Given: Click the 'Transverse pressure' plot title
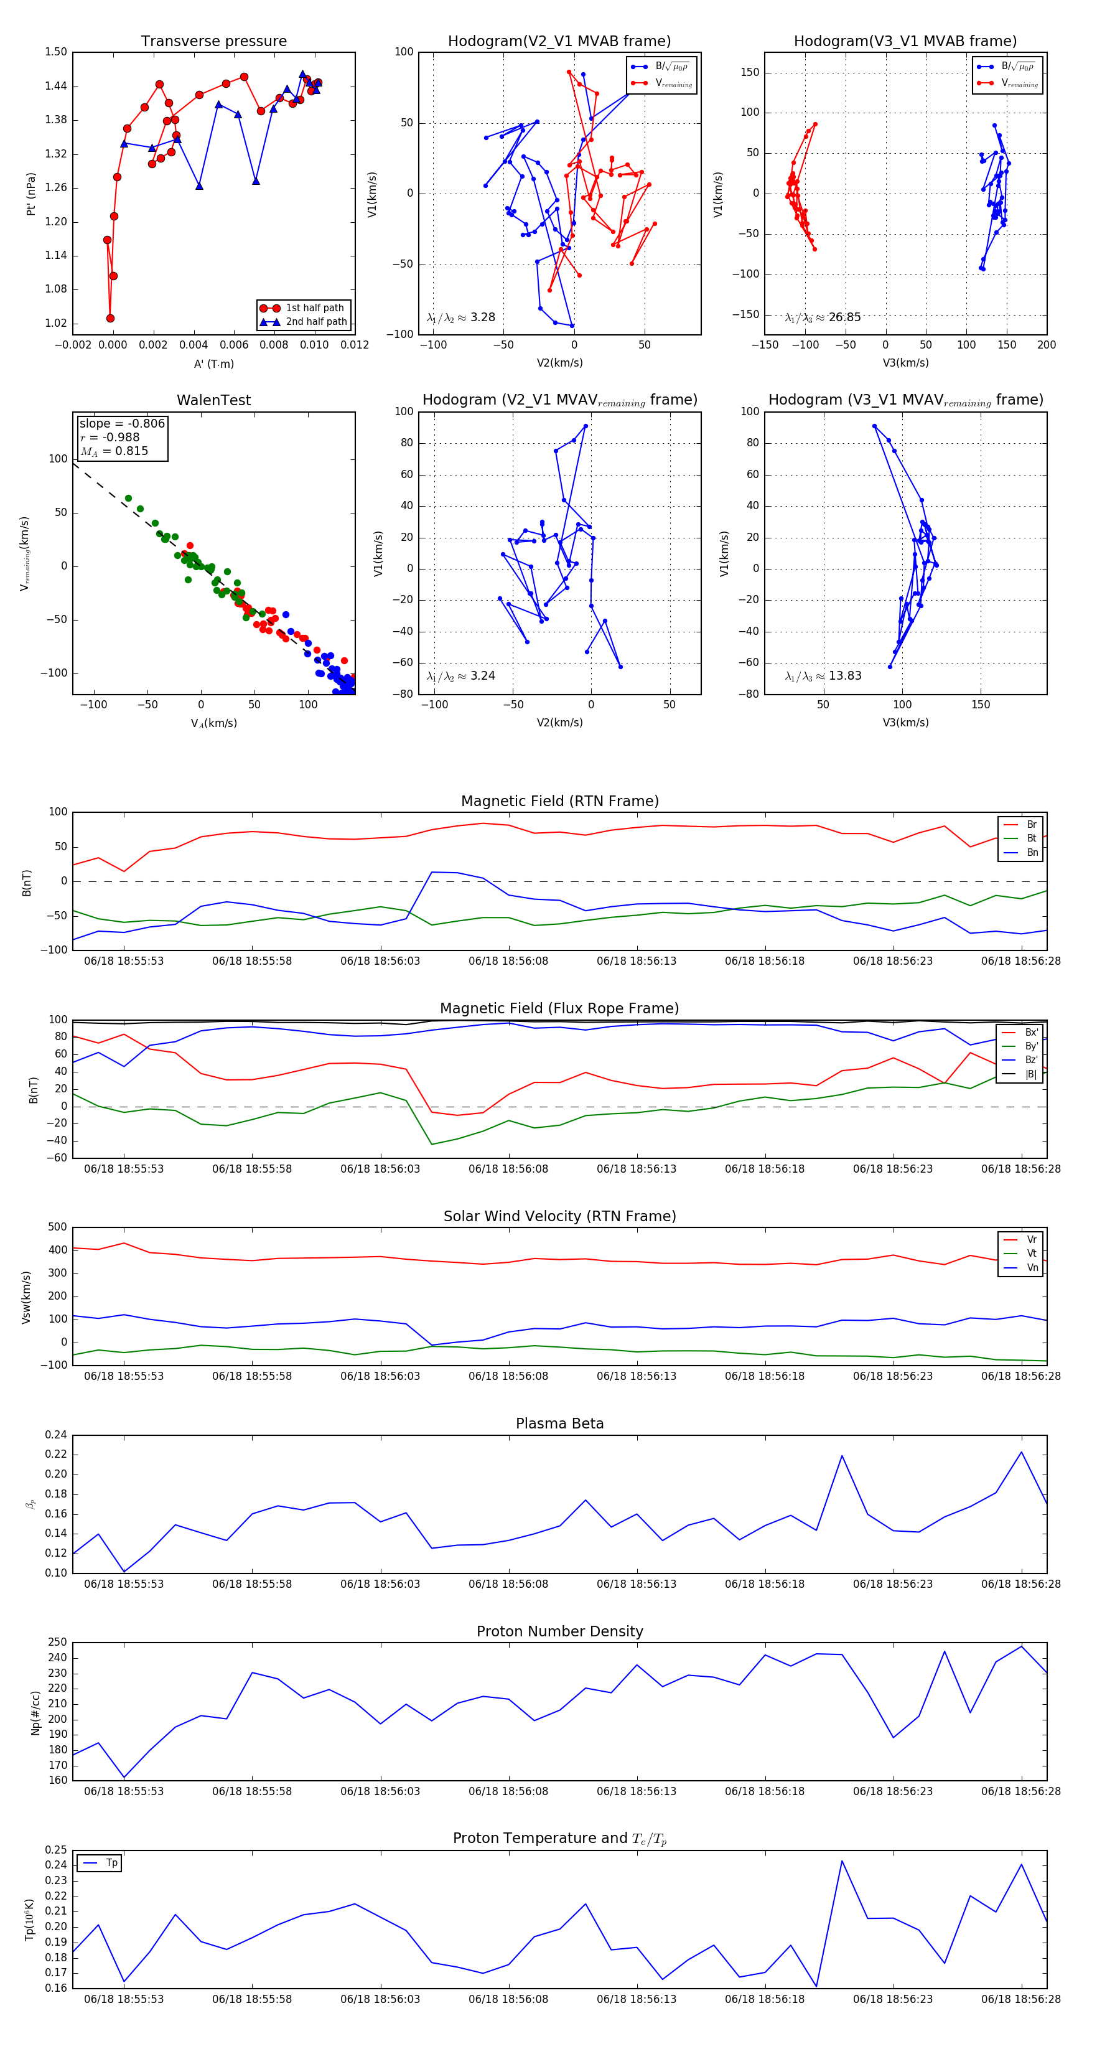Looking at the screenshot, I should tap(213, 42).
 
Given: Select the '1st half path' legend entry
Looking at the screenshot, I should tap(314, 307).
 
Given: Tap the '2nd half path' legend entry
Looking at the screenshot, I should tap(315, 322).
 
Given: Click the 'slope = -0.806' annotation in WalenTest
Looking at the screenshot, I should tap(122, 423).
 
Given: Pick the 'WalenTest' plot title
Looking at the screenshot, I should tap(213, 400).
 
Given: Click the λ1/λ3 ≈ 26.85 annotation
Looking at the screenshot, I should tap(823, 317).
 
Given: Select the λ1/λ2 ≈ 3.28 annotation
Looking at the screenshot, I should tap(460, 317).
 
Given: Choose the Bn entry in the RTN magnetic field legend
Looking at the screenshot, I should tap(1032, 852).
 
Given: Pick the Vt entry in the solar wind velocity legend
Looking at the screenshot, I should tap(1032, 1254).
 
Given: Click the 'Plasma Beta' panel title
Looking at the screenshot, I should tap(559, 1423).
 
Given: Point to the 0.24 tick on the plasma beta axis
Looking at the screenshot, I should tap(56, 1435).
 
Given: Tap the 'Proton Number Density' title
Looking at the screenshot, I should tap(559, 1631).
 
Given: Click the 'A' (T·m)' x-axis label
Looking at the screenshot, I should tap(213, 364).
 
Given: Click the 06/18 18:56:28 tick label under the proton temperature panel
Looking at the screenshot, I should tap(1020, 1999).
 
